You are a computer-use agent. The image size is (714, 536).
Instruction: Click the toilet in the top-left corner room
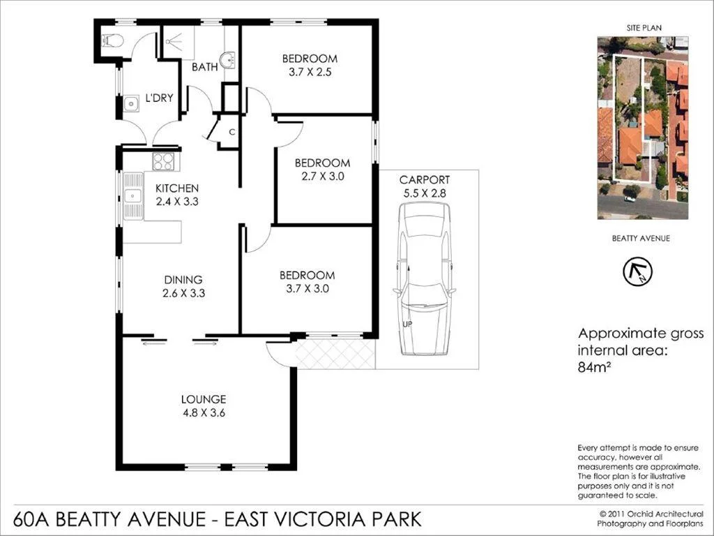[112, 40]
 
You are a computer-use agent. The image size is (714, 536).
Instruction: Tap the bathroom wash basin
[228, 61]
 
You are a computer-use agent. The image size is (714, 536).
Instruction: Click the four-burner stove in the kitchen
[164, 161]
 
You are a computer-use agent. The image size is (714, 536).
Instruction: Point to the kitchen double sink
[131, 198]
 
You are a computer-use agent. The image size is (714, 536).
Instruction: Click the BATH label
[204, 67]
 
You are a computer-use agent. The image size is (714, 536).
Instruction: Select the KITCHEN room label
[177, 188]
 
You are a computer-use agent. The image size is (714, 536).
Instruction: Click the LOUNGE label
[204, 399]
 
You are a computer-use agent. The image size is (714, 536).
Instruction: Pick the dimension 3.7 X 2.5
[310, 72]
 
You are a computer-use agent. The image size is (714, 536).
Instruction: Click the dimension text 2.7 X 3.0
[322, 177]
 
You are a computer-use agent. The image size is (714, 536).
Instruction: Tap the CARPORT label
[425, 179]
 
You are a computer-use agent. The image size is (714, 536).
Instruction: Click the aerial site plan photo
[642, 128]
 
